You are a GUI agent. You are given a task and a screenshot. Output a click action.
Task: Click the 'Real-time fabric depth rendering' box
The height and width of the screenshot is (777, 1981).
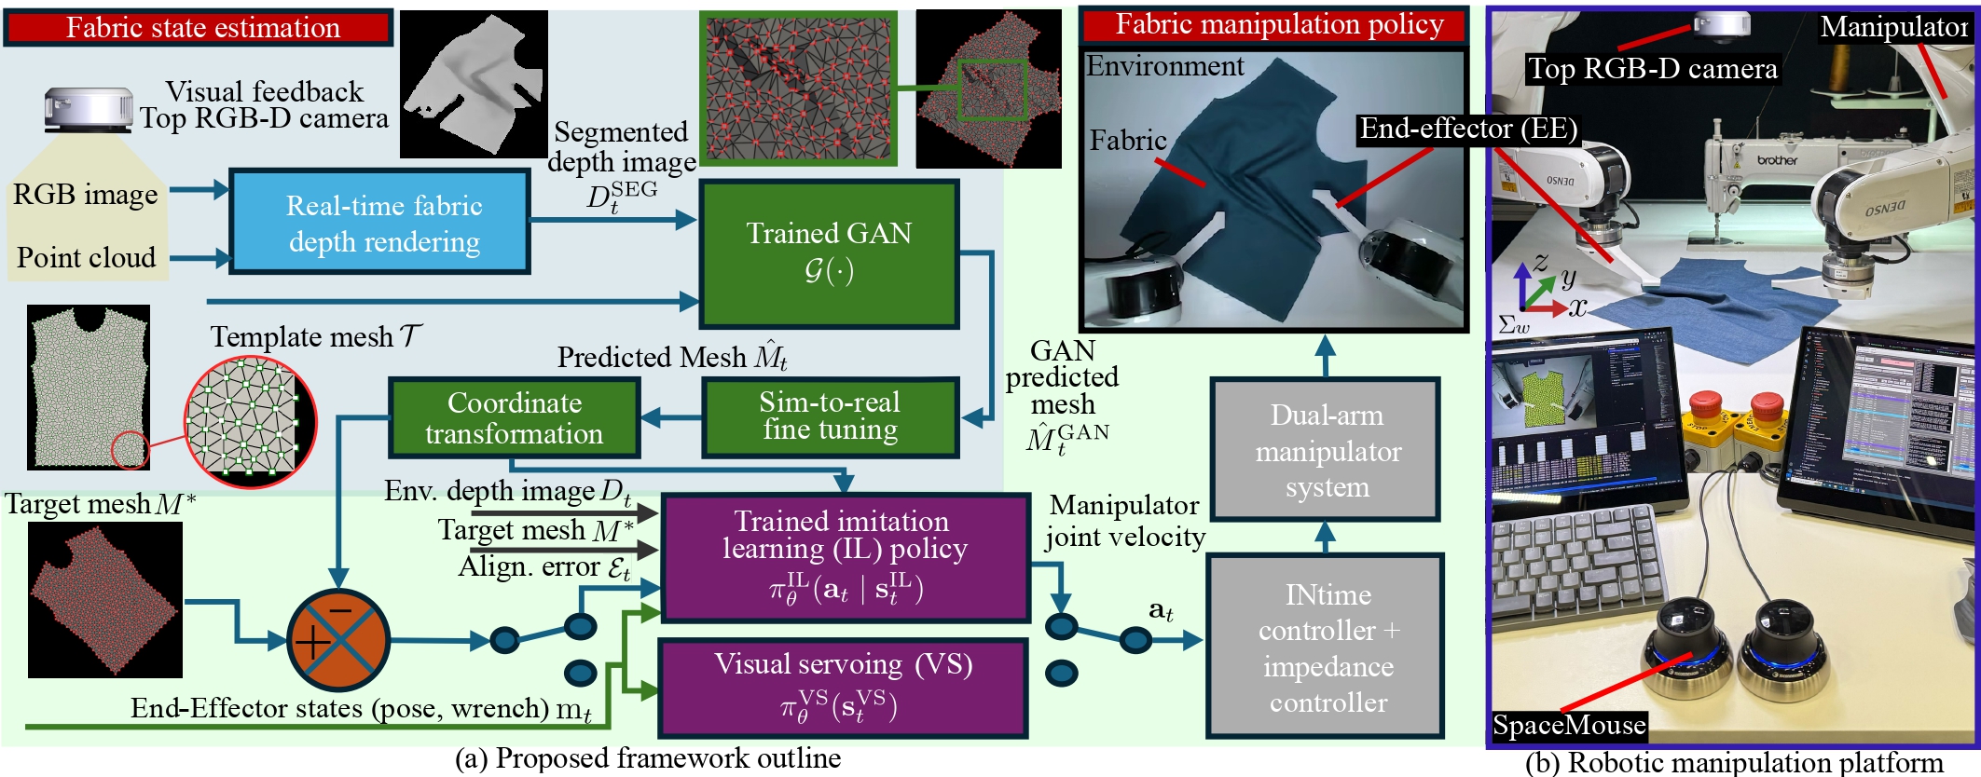click(380, 223)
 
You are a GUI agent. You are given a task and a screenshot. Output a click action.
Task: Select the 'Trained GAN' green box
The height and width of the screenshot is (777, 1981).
click(829, 253)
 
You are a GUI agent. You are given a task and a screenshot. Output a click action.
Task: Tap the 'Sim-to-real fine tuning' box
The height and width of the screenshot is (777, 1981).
click(830, 416)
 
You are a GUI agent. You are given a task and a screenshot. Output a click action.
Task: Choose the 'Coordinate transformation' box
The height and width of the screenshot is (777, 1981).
click(514, 417)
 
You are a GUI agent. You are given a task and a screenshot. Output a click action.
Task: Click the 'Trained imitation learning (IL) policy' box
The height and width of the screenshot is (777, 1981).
click(845, 558)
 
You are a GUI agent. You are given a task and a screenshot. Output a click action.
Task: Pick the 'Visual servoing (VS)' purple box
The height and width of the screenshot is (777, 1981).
click(843, 688)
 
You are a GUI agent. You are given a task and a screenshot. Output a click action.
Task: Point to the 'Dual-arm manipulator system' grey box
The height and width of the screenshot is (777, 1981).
click(1327, 450)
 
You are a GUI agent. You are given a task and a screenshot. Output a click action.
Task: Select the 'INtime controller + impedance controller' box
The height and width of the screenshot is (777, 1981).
click(1328, 647)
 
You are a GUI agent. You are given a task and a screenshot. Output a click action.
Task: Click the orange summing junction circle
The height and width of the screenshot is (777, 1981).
click(337, 639)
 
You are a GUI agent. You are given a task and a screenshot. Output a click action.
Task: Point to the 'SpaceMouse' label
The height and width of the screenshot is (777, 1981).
click(1569, 725)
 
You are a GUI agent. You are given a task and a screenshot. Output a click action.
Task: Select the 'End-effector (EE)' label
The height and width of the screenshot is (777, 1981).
click(1468, 129)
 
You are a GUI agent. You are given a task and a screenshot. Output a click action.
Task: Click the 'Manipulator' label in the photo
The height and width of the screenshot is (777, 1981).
click(1893, 28)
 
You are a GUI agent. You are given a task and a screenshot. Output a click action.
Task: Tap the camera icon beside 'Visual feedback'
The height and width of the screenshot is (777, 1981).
click(89, 110)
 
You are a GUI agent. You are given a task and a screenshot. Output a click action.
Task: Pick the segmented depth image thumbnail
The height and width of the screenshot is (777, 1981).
click(474, 84)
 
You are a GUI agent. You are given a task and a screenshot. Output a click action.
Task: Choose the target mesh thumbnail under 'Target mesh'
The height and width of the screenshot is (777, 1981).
click(105, 599)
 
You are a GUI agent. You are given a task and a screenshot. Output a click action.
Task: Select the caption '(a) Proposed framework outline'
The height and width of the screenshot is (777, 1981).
click(647, 758)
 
